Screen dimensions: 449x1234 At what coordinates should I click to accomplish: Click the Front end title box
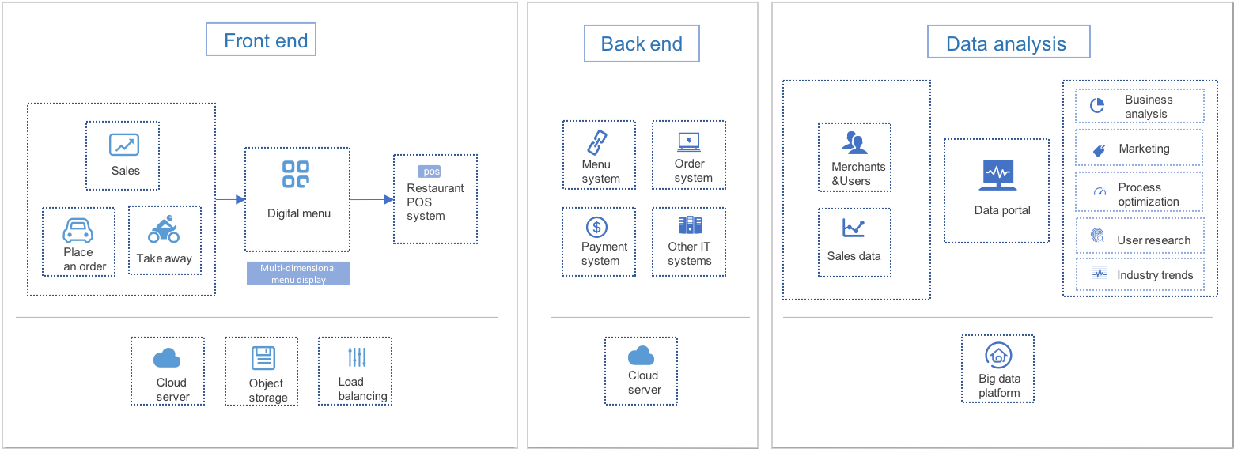pos(261,40)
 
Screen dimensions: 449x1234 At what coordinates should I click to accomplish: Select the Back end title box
pos(642,43)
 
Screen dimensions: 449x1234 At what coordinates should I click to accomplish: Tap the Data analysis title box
pos(1008,42)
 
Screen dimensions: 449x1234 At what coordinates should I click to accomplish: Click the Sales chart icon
pos(124,145)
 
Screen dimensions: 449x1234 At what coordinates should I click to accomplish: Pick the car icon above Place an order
pos(78,230)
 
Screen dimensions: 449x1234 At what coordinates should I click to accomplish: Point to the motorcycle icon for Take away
pos(164,229)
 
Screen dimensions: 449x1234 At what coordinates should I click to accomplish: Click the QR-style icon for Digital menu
pos(297,175)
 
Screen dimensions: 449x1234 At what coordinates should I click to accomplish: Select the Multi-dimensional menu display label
pos(298,274)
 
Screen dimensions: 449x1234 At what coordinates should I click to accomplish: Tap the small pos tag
pos(430,172)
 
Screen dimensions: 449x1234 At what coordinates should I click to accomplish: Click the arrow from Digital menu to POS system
pos(372,199)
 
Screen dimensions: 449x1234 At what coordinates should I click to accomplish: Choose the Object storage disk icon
pos(263,358)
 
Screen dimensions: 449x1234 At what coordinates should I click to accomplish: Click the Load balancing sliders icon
pos(358,357)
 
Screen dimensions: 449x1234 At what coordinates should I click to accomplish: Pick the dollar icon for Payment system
pos(597,227)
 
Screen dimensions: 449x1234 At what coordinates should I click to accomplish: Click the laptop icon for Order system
pos(689,142)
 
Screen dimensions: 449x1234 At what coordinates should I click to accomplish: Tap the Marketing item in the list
pos(1139,149)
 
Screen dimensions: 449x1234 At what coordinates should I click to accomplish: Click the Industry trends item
pos(1140,274)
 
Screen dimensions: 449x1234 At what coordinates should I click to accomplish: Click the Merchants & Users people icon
pos(854,143)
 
